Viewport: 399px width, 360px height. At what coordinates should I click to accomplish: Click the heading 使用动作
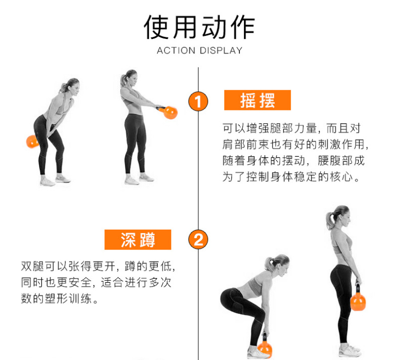tap(199, 27)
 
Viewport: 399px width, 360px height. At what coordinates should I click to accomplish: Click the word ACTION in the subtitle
tap(176, 50)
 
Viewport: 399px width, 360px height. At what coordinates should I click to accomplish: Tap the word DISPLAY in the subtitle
tap(221, 50)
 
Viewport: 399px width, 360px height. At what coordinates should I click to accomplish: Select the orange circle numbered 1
tap(198, 101)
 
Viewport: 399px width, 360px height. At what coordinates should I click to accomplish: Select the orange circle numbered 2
tap(198, 240)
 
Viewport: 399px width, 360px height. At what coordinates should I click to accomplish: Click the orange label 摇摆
tap(257, 100)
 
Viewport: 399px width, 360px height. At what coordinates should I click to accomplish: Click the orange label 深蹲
tap(138, 240)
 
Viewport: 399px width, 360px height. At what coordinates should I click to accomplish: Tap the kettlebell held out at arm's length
tap(169, 112)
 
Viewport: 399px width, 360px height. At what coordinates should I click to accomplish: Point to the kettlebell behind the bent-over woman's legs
tap(32, 142)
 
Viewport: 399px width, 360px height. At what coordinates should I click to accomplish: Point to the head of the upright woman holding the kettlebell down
tap(339, 217)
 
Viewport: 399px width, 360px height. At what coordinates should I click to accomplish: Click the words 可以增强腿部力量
tap(269, 128)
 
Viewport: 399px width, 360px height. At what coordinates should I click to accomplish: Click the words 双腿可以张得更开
tap(68, 266)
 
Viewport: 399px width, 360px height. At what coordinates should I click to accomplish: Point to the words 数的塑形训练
tap(56, 299)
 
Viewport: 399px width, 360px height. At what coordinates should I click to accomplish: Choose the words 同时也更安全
tap(56, 282)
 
